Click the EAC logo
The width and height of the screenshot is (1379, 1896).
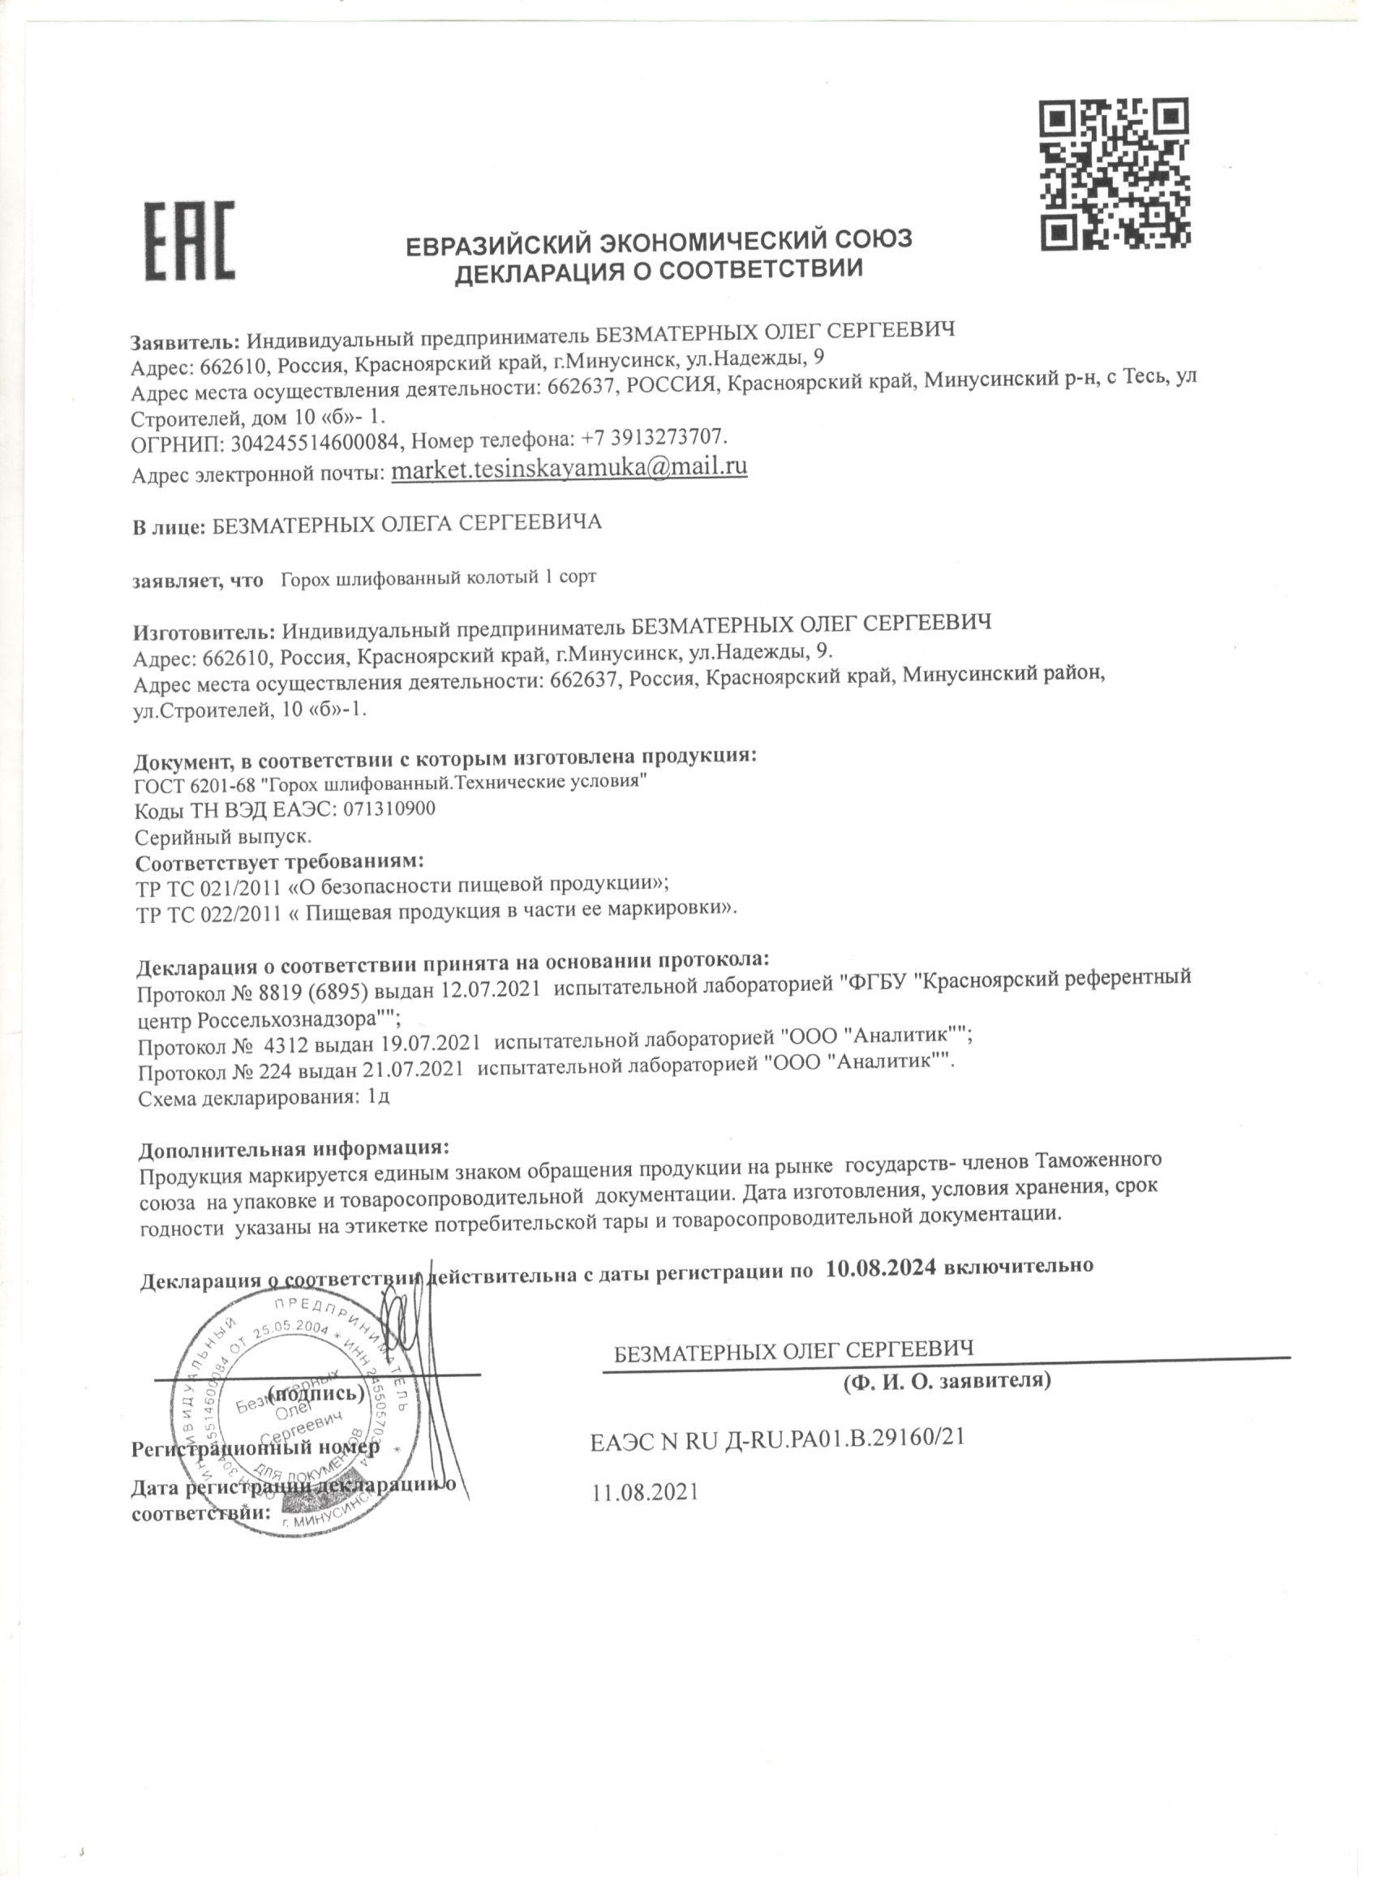(190, 241)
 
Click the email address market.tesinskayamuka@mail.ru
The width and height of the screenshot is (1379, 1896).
(569, 468)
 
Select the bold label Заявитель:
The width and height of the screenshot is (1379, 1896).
(186, 342)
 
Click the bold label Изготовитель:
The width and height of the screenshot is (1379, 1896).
(204, 628)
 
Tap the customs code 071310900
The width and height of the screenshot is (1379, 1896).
(389, 809)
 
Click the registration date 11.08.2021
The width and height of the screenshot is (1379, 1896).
(645, 1493)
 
